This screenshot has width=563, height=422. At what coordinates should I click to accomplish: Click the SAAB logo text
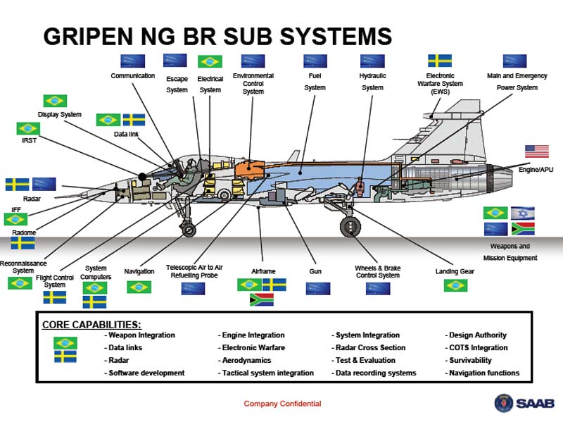535,403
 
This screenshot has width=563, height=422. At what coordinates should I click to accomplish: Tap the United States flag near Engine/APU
537,151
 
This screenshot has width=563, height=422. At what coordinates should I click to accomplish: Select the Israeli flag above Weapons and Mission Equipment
523,213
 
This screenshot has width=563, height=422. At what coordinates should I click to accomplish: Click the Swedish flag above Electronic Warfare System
440,61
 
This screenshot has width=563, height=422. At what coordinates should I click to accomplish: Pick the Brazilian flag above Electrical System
210,61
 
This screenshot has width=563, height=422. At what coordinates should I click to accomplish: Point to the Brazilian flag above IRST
28,128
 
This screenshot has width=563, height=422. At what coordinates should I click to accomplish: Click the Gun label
315,271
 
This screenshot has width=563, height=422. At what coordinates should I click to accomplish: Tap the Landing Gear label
455,271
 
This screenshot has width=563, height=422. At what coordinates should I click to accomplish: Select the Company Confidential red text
283,404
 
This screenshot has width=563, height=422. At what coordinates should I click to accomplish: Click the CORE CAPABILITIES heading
91,325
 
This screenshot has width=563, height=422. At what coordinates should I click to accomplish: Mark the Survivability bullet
468,360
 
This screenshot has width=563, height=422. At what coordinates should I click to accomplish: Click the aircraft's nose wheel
189,230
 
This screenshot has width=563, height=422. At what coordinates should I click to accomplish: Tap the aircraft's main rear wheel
350,227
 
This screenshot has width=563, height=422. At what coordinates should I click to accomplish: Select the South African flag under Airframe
261,299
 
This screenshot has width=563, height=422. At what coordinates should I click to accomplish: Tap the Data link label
126,134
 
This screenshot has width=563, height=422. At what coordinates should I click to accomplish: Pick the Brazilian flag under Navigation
139,287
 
